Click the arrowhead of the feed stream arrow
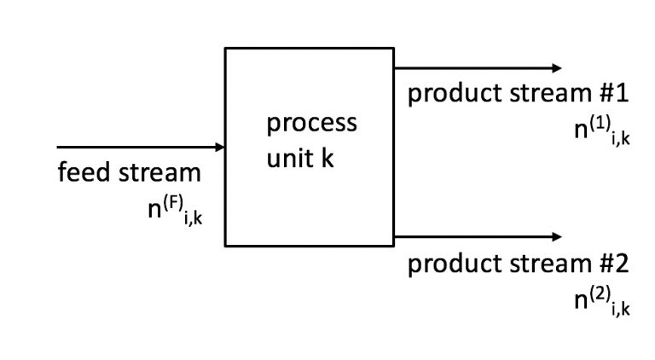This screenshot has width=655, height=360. [x=220, y=148]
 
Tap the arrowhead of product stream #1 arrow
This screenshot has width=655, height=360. [x=557, y=68]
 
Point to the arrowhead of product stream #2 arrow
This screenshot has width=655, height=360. [x=557, y=236]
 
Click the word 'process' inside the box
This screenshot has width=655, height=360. [x=311, y=124]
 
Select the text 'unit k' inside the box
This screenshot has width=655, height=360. [x=299, y=159]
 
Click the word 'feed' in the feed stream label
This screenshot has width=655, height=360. [x=84, y=173]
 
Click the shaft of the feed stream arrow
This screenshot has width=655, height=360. [x=136, y=148]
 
